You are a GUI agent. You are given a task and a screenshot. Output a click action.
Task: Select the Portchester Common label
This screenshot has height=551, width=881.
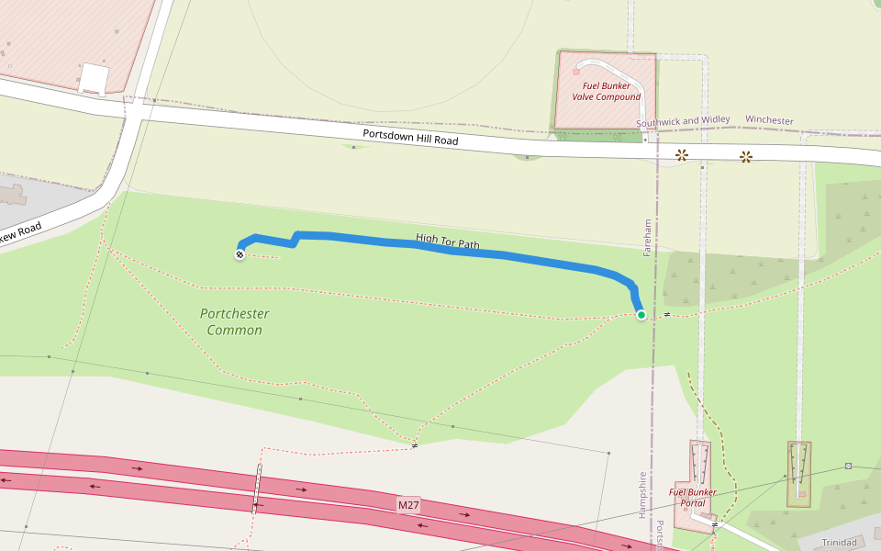coord(234,321)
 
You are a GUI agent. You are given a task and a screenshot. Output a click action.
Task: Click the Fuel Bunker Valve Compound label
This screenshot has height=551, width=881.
coord(606,91)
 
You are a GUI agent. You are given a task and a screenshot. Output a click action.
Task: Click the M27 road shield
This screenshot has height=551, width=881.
coord(408,505)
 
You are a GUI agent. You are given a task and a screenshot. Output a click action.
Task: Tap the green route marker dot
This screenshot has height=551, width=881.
coord(641,315)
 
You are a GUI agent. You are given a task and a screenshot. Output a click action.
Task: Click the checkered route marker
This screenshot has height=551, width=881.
coord(240,254)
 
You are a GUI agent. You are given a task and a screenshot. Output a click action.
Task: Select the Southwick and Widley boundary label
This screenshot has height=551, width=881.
coord(683,120)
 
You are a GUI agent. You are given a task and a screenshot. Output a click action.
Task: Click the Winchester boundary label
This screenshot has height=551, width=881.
coord(769,120)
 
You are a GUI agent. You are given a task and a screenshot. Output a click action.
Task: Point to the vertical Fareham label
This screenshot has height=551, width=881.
coord(648,237)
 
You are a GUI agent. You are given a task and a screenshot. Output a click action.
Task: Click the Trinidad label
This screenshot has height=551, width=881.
coord(839,542)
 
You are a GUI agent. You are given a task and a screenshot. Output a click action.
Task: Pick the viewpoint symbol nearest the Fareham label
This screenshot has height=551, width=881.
coord(682,155)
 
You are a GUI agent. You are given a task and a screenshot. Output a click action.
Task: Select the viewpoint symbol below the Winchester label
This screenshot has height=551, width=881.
coord(745,157)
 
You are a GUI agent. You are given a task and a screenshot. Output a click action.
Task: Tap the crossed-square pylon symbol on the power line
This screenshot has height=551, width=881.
coord(848,466)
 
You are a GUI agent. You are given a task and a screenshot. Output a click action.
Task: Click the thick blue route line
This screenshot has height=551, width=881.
coord(514,257)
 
